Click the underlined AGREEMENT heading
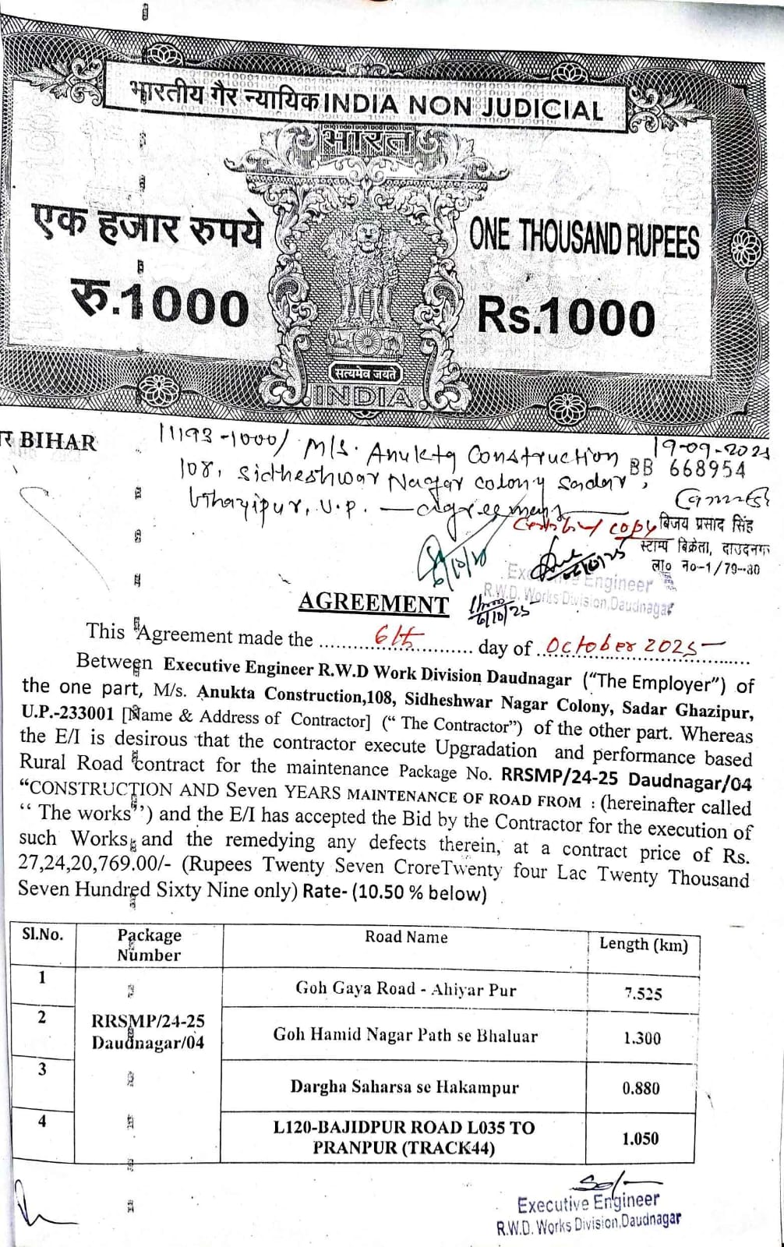(373, 602)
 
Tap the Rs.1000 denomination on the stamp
(566, 317)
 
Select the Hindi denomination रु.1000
(160, 305)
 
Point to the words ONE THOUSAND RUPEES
(584, 238)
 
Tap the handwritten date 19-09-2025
(712, 449)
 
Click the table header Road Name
(406, 937)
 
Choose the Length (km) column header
(643, 945)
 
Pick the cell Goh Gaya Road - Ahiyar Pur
(405, 989)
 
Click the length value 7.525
(643, 994)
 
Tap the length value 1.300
(642, 1038)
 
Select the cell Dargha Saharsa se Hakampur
(404, 1086)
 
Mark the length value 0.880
(641, 1088)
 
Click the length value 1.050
(640, 1139)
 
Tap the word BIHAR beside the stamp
(58, 442)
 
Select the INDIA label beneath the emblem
(363, 397)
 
